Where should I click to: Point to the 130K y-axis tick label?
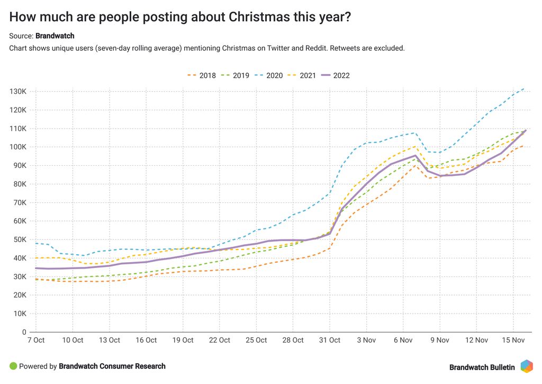[x=18, y=92]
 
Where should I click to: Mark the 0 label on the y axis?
[x=24, y=332]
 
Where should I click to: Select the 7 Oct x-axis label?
[x=35, y=340]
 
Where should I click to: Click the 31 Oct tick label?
[x=330, y=340]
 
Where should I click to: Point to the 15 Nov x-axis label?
[x=513, y=340]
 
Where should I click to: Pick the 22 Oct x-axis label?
[x=220, y=340]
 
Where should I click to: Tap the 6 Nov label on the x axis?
[x=403, y=340]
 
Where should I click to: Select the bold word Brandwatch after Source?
[x=55, y=36]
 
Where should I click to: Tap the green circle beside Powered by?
[x=13, y=366]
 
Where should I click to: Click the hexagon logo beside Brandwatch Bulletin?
[x=527, y=367]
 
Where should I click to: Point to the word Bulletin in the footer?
[x=501, y=367]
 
